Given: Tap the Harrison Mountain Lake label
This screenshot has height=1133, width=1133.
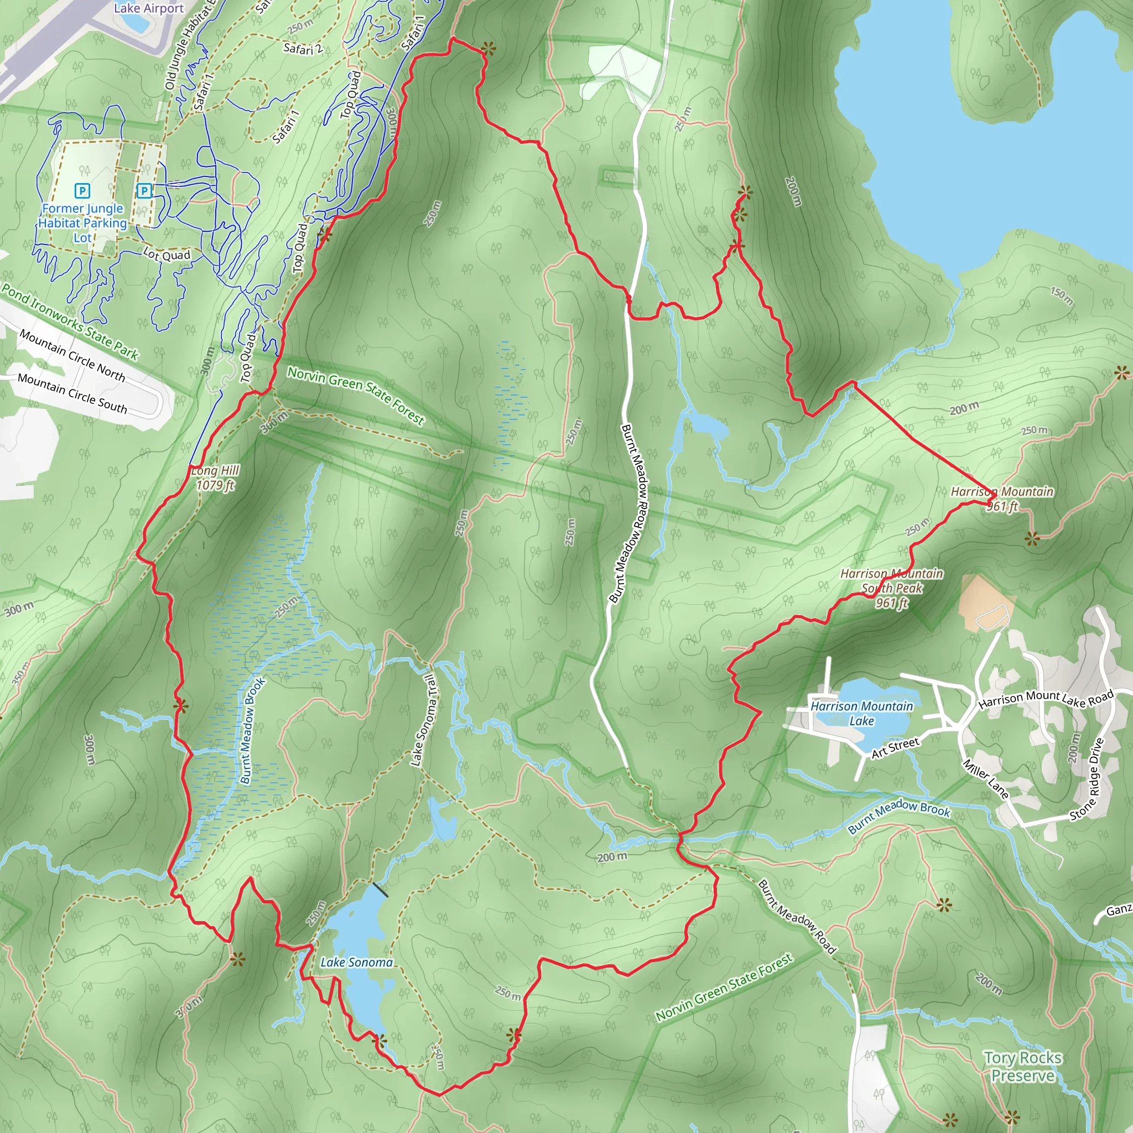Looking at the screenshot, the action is pos(861,713).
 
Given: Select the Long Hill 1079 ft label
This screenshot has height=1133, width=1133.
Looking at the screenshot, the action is pos(215,477).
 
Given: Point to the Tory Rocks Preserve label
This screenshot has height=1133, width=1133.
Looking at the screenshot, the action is pos(1023,1066).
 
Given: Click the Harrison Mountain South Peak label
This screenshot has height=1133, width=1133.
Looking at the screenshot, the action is pos(891,588).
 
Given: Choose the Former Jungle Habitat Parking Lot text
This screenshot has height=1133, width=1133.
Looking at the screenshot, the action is pos(82,223).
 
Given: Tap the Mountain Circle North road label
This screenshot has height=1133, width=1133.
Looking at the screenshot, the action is pos(72,355).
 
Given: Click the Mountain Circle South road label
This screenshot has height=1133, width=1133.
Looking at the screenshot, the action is pos(72,393).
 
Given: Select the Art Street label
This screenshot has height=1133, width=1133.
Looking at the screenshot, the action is pos(895,748).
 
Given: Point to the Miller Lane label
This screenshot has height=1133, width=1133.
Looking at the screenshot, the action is pos(985,779).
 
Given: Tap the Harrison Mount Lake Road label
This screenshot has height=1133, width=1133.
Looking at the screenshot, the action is pos(1046,699).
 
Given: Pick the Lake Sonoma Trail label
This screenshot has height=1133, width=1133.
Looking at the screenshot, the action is pos(423,720).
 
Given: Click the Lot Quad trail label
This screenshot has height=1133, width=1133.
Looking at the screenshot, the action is pos(167,254).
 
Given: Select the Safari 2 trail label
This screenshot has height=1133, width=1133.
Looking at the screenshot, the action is pos(303,49).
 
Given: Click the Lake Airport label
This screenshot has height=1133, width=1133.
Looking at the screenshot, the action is pos(149,8).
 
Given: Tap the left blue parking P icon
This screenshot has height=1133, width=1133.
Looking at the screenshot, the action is pos(82,191).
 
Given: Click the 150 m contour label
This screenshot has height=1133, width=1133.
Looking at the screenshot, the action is pos(1062,296).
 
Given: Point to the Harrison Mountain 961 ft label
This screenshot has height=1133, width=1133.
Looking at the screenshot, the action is pos(1002,498).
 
